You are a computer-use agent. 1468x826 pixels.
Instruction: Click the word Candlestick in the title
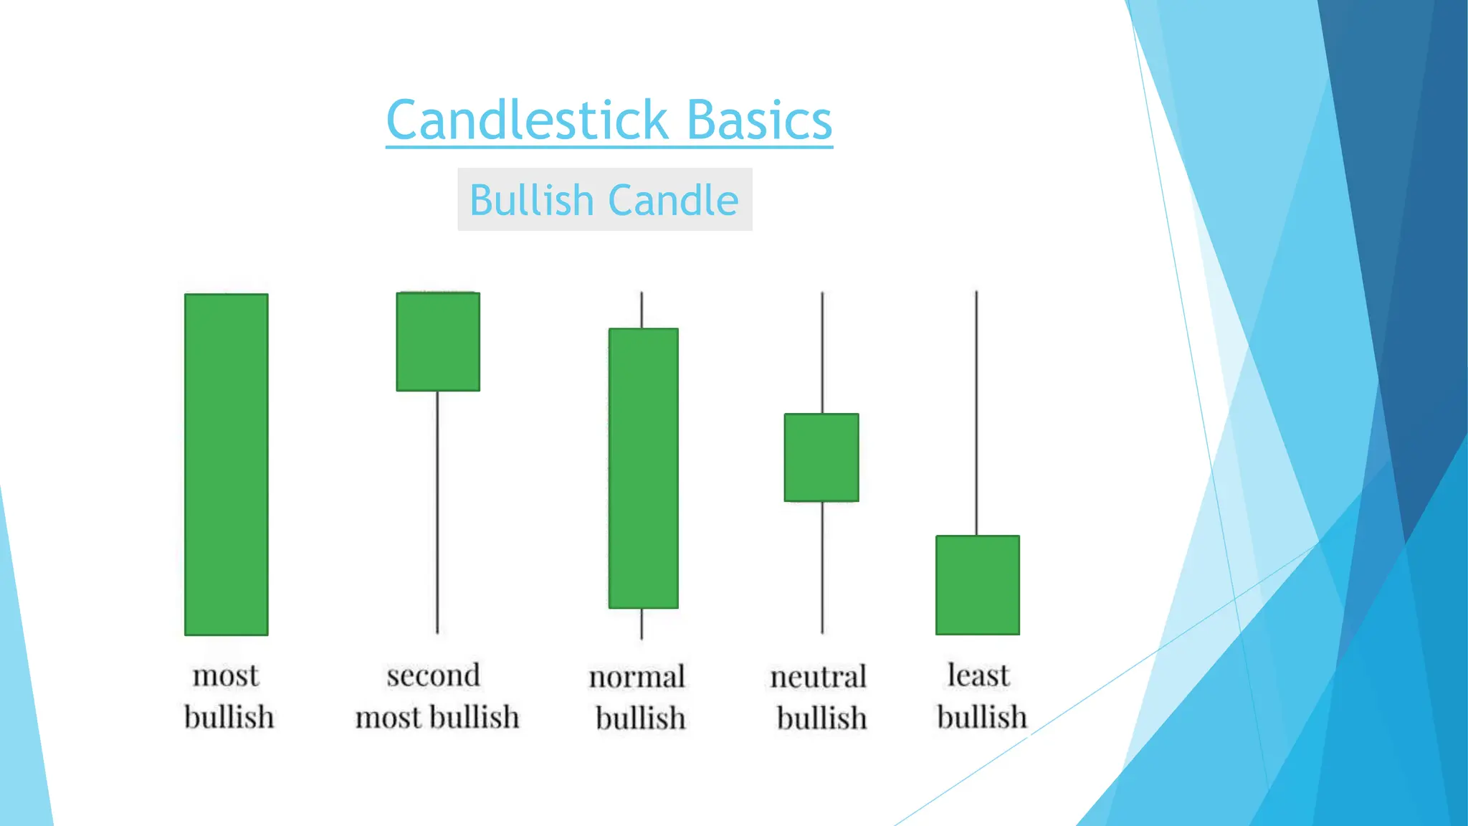pos(528,120)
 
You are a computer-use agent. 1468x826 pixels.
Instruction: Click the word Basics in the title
pos(759,120)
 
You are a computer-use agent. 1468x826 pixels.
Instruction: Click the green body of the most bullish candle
pos(227,464)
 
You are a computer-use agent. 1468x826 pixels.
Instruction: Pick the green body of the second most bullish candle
pos(438,341)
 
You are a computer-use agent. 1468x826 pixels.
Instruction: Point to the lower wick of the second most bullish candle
pos(437,512)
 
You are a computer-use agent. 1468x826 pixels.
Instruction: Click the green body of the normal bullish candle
pos(643,468)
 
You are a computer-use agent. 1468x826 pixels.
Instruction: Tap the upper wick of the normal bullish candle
pos(642,310)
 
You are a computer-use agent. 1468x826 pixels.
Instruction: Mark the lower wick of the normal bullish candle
pos(642,624)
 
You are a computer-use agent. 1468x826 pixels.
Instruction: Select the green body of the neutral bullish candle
pos(821,457)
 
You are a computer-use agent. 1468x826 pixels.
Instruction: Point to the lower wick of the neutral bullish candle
pos(822,567)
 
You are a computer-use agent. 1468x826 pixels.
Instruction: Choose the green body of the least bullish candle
pos(978,585)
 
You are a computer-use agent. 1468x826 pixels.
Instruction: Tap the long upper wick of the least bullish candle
pos(976,413)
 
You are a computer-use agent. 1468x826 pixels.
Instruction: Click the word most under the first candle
pos(226,675)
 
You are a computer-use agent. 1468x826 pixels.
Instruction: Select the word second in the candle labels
pos(433,675)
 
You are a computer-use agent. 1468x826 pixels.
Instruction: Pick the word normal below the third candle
pos(637,677)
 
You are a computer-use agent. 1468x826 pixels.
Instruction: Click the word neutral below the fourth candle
pos(818,677)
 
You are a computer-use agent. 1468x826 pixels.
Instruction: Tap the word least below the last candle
pos(978,675)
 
